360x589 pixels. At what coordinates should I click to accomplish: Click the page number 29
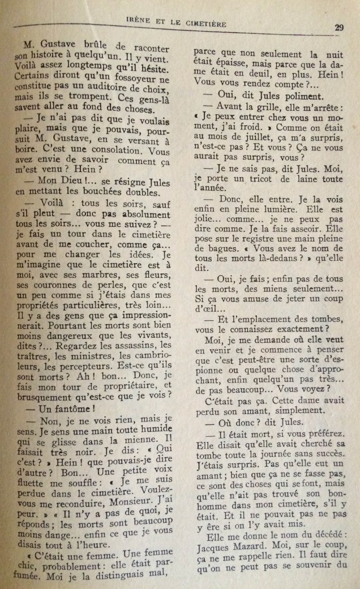340,27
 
